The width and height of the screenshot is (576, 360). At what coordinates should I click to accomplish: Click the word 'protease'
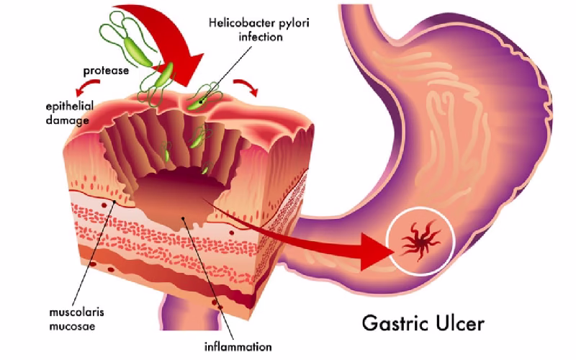click(x=106, y=71)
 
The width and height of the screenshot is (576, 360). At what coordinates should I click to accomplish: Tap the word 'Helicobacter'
click(x=239, y=23)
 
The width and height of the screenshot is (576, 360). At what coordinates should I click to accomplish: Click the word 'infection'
click(x=261, y=37)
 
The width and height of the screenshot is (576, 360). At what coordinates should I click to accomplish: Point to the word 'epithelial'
click(x=69, y=107)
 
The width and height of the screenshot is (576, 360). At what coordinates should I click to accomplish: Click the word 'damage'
click(x=67, y=120)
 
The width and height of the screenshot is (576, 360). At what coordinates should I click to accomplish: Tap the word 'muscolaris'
click(x=76, y=312)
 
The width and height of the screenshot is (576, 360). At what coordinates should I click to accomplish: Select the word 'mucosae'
click(x=72, y=326)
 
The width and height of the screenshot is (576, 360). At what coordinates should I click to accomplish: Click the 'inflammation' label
click(x=238, y=346)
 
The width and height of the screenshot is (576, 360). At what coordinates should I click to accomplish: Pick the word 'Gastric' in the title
click(x=395, y=323)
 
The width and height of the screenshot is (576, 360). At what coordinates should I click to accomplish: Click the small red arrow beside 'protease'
click(x=86, y=86)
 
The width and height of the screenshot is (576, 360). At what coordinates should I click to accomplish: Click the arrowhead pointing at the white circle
click(x=377, y=252)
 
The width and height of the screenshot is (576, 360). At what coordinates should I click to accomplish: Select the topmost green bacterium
click(x=138, y=50)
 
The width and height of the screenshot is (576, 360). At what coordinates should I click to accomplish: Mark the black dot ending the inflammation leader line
click(x=183, y=219)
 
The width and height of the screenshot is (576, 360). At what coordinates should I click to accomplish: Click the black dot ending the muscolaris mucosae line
click(x=114, y=202)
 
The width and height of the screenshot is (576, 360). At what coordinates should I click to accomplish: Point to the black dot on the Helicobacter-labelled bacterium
click(x=201, y=102)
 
